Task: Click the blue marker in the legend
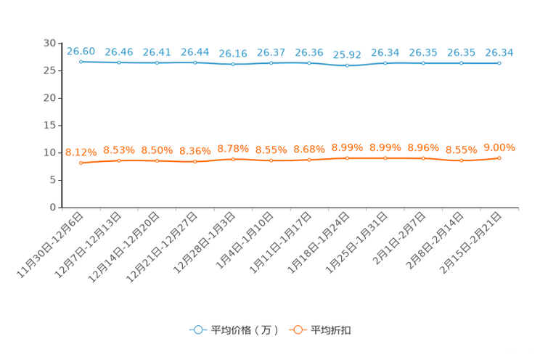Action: (197, 330)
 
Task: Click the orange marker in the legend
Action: (297, 330)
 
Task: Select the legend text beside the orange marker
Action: (332, 330)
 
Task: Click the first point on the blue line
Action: (81, 62)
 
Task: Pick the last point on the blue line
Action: (499, 64)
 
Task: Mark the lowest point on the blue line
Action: (347, 66)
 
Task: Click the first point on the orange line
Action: (81, 163)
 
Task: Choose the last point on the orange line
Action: (499, 157)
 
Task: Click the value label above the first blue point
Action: (81, 51)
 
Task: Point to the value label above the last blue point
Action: (499, 52)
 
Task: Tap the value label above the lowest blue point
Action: (347, 54)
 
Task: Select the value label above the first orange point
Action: (81, 152)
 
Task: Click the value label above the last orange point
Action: (499, 147)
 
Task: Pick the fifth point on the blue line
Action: (233, 65)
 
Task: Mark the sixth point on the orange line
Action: (271, 160)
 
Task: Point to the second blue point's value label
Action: (119, 52)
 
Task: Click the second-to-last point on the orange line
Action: (461, 160)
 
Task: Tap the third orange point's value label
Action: (157, 150)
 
